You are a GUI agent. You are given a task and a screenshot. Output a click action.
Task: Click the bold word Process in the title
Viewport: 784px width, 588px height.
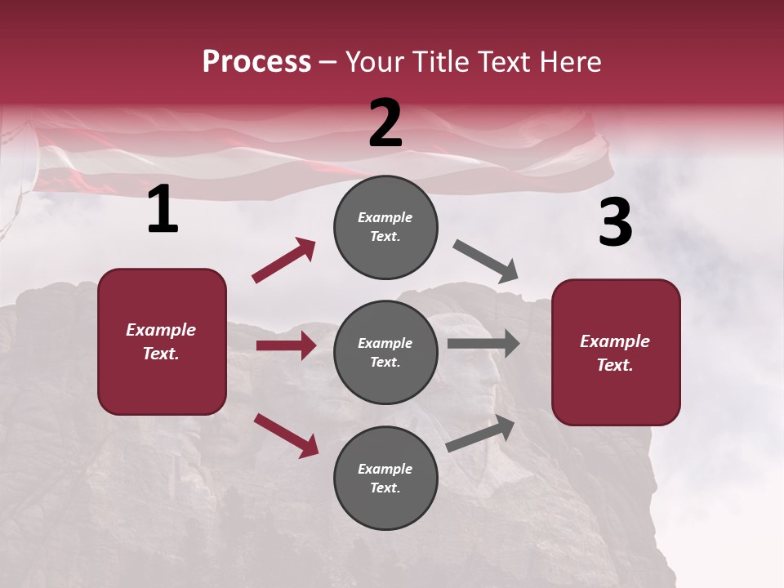[256, 61]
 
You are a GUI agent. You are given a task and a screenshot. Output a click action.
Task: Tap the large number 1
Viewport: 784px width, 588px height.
[163, 210]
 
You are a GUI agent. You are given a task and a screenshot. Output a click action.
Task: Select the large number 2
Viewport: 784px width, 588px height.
[385, 123]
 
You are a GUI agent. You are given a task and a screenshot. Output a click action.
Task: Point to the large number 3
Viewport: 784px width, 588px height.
[615, 223]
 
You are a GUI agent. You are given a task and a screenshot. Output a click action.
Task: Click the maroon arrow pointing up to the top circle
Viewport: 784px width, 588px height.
[284, 261]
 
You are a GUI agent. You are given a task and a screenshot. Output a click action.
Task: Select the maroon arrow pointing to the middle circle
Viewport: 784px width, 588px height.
[286, 345]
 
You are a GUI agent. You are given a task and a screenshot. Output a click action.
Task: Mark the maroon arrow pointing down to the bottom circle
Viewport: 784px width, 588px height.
[286, 435]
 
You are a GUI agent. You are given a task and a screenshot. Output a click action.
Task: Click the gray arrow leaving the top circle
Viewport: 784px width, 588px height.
[486, 261]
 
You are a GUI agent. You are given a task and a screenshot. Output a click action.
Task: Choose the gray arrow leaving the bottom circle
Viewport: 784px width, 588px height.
[481, 434]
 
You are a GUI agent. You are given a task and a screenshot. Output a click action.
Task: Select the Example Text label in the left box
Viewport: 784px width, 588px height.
[162, 341]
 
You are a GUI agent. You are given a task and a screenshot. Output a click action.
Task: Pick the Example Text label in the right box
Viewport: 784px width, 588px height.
[616, 353]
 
